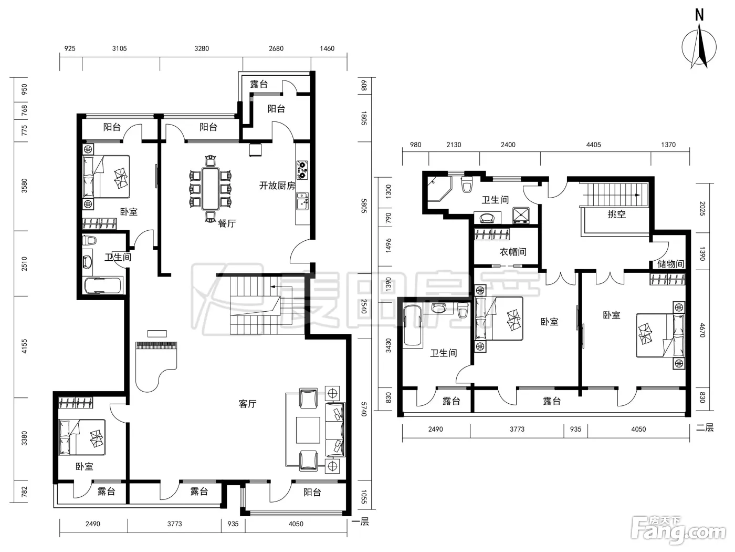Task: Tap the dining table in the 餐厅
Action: (x=211, y=188)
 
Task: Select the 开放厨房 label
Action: (x=277, y=186)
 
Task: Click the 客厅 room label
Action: (x=247, y=404)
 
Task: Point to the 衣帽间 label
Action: (x=512, y=252)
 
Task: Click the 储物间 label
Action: (x=670, y=264)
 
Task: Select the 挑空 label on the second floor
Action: (x=617, y=214)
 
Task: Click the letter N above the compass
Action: (x=699, y=15)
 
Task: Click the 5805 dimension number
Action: (x=364, y=206)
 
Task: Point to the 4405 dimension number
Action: (x=593, y=145)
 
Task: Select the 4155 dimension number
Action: (x=25, y=346)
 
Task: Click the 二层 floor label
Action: (x=705, y=427)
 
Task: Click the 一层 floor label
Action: (x=360, y=522)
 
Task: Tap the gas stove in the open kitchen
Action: (x=302, y=170)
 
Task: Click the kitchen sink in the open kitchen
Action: (x=302, y=201)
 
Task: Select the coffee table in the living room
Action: (x=308, y=430)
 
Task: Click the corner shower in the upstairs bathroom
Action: (x=439, y=188)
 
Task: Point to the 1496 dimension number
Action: (x=388, y=246)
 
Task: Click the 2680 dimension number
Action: (x=276, y=48)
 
